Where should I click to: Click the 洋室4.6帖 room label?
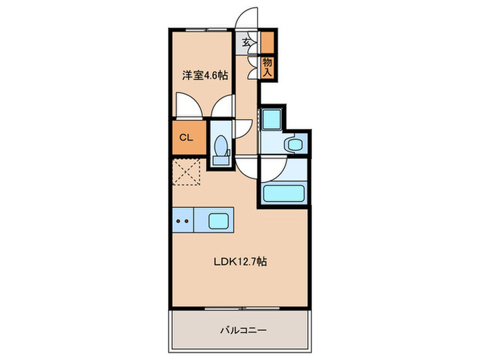[x=204, y=75]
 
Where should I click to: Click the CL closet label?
[x=186, y=136]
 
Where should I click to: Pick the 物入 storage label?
[x=267, y=67]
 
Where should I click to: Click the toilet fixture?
[x=221, y=146]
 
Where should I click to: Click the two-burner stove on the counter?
[x=182, y=221]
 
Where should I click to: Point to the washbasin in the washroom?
[x=296, y=145]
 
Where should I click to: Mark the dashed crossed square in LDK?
[x=186, y=171]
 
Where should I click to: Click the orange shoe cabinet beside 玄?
[x=266, y=43]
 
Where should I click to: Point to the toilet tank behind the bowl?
[x=221, y=160]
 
